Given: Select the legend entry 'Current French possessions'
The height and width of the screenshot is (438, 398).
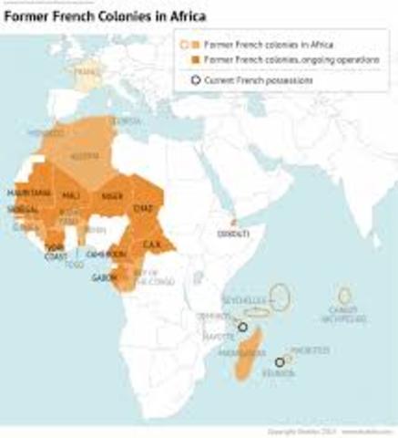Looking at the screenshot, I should pyautogui.click(x=257, y=80).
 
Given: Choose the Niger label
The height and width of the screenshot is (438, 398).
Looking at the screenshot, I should pyautogui.click(x=111, y=193).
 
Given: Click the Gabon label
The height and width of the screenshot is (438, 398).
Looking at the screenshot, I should pyautogui.click(x=102, y=277).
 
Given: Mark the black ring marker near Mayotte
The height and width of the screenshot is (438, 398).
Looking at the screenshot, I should pyautogui.click(x=242, y=328).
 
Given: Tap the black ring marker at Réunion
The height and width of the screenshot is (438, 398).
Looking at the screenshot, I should pyautogui.click(x=280, y=362).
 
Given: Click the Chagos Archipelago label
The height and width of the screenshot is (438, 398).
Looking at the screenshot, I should pyautogui.click(x=344, y=315).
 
